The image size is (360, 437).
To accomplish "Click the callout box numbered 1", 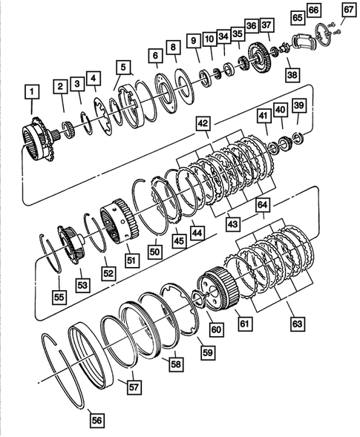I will [x=30, y=92].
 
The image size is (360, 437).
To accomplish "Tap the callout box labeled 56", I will [x=96, y=420].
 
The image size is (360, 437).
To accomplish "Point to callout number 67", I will [x=349, y=10].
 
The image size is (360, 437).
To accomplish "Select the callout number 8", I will [x=172, y=47].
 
